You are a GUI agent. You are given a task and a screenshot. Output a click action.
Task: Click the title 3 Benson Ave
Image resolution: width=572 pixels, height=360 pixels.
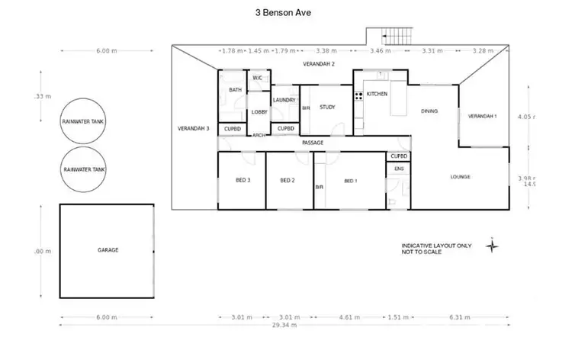283,13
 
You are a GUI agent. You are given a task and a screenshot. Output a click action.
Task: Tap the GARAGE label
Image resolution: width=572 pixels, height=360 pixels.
108,249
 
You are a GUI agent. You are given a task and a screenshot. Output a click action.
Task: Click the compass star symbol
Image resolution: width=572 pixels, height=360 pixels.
493,246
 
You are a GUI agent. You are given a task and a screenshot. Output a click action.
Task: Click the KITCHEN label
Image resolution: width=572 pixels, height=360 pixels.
378,94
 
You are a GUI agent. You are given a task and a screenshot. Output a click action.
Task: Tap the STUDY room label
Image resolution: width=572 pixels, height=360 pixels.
327,108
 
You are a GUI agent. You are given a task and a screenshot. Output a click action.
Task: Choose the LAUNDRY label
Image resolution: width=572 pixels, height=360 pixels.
284,100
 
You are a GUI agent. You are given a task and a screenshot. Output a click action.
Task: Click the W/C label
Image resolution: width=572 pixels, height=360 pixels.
257,78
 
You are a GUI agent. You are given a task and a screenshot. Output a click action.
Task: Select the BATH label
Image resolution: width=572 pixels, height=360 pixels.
235,91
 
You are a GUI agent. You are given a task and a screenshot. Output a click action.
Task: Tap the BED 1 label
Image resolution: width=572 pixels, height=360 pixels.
351,181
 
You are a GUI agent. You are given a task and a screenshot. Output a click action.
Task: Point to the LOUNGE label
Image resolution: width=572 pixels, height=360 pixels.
460,177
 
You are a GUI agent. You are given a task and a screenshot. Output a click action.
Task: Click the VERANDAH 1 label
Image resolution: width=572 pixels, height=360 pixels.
482,116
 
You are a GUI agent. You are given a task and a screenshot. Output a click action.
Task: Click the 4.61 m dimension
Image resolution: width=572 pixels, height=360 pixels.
351,316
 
